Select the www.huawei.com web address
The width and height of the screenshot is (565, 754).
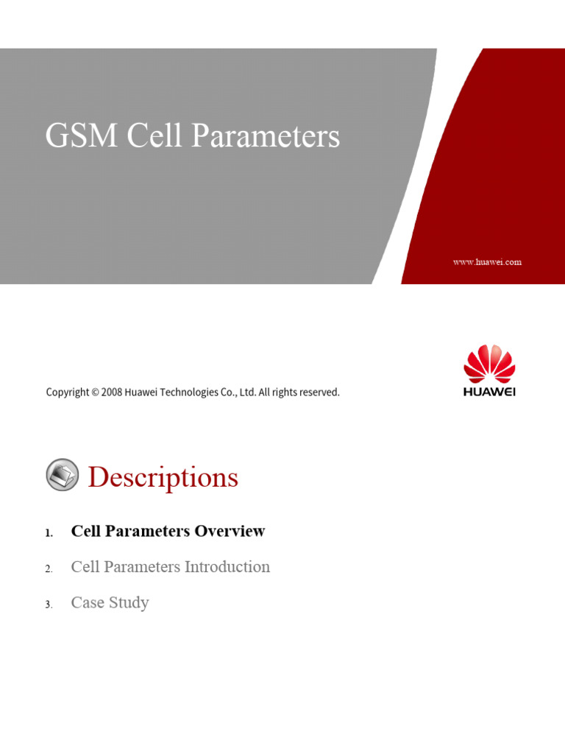pos(487,262)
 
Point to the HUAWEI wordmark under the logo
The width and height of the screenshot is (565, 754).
pos(489,392)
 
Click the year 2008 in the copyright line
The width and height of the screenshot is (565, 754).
pos(112,392)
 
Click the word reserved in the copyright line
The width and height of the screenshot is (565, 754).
pos(319,392)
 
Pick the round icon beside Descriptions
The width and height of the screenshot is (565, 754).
pos(62,475)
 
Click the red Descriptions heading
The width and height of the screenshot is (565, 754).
pos(163,477)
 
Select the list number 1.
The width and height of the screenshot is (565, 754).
pos(49,533)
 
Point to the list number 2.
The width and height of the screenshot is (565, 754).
pos(49,569)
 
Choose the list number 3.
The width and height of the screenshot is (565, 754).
pos(49,605)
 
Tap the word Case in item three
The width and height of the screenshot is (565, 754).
pos(87,603)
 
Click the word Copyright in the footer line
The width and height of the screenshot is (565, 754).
pos(68,392)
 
